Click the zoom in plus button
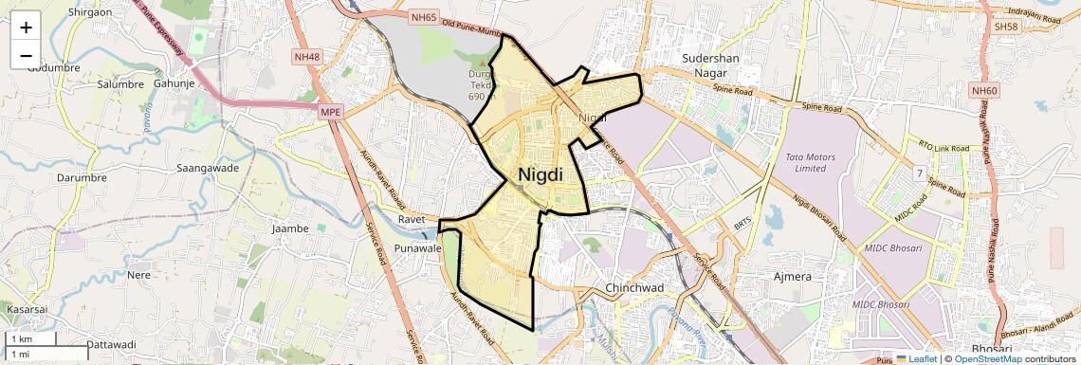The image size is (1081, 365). click(26, 27)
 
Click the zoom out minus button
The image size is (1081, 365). click(26, 55)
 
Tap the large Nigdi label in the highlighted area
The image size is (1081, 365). click(540, 175)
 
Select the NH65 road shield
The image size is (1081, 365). click(423, 17)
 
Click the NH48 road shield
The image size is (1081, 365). click(307, 57)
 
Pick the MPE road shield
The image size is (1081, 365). click(329, 111)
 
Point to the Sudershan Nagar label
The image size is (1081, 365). click(710, 65)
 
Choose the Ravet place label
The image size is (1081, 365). click(412, 219)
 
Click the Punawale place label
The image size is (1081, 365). click(418, 248)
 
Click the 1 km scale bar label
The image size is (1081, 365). click(21, 338)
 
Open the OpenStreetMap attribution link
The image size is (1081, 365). click(987, 358)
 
